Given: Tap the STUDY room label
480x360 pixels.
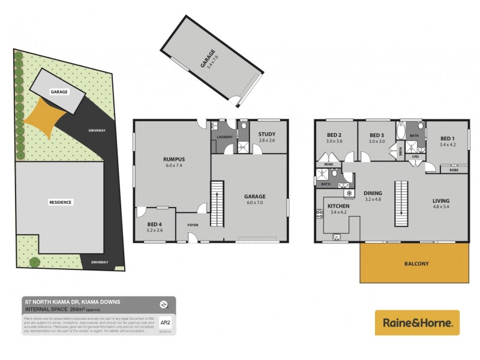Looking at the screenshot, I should pyautogui.click(x=267, y=134).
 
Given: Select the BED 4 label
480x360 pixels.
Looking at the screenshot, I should pyautogui.click(x=155, y=224).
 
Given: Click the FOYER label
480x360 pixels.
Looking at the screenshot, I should pyautogui.click(x=193, y=225).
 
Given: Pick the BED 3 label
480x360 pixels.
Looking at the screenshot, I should pyautogui.click(x=376, y=135).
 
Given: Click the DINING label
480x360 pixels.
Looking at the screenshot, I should pyautogui.click(x=373, y=193).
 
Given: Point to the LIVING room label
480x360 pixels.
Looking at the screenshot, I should pyautogui.click(x=440, y=200).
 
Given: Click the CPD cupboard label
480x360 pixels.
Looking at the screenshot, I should pyautogui.click(x=415, y=157).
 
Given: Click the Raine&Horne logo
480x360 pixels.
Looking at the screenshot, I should pyautogui.click(x=417, y=323).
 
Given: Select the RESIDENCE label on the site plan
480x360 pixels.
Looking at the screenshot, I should pyautogui.click(x=60, y=202).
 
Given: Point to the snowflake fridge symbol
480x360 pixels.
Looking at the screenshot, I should pyautogui.click(x=348, y=194).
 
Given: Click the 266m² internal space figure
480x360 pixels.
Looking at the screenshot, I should pyautogui.click(x=77, y=308).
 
